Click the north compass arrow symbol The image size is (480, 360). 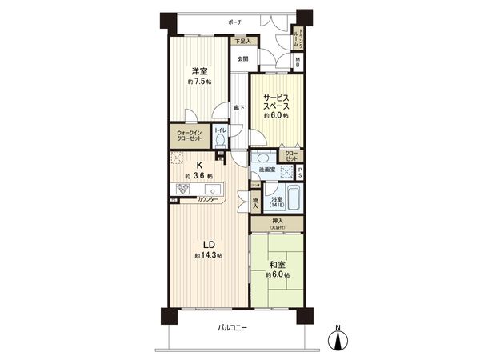339,338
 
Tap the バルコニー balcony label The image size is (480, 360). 233,329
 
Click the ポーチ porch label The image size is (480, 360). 234,22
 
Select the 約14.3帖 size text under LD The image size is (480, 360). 208,256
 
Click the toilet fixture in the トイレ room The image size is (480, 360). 221,139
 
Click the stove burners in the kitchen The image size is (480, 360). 182,190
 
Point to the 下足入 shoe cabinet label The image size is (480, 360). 242,41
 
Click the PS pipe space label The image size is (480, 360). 300,174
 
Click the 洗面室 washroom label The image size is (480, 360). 266,170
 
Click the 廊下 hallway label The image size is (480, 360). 239,107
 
